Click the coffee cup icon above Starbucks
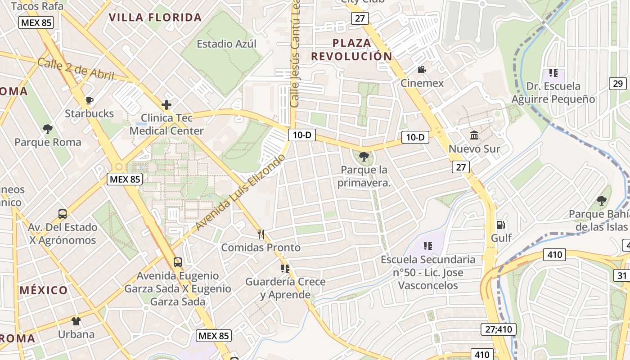click(89, 100)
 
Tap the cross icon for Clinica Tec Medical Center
click(166, 105)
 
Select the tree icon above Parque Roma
click(48, 129)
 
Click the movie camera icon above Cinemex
click(422, 70)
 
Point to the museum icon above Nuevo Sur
click(474, 135)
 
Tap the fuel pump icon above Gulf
click(500, 225)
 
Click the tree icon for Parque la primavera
click(364, 157)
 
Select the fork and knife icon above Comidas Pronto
click(261, 234)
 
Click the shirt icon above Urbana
click(76, 321)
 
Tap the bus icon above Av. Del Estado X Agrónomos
click(63, 214)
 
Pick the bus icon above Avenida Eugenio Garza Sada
click(178, 262)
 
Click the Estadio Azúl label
click(226, 44)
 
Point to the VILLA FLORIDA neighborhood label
click(155, 18)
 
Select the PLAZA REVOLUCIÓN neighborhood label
click(352, 49)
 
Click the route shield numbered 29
click(618, 83)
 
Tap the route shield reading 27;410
click(499, 329)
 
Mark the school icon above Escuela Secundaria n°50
click(427, 246)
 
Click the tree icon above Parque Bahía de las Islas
click(601, 201)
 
